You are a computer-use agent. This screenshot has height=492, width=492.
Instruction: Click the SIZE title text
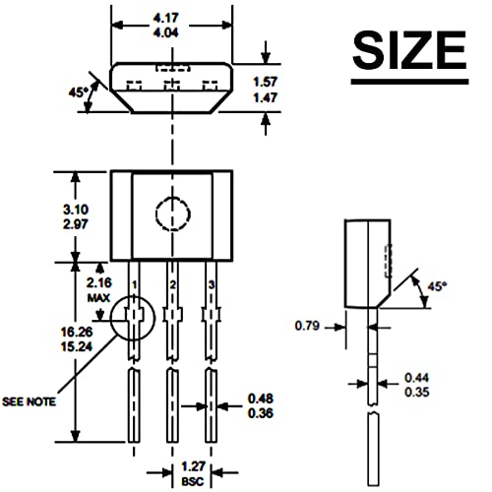[x=409, y=50]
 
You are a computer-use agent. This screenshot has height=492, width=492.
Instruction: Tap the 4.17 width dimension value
[x=166, y=18]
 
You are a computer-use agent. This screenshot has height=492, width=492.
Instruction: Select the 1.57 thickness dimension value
[x=266, y=82]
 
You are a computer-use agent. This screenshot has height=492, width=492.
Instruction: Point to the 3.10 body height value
[x=76, y=210]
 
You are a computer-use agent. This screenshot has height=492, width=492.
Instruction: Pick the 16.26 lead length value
[x=77, y=332]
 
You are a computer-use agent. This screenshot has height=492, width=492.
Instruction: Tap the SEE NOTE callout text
[x=30, y=401]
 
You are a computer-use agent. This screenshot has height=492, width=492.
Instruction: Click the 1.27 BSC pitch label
[x=193, y=473]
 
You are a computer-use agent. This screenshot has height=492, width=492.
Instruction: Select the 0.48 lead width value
[x=261, y=399]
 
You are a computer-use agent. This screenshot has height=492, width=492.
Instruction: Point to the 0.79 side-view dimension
[x=307, y=326]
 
